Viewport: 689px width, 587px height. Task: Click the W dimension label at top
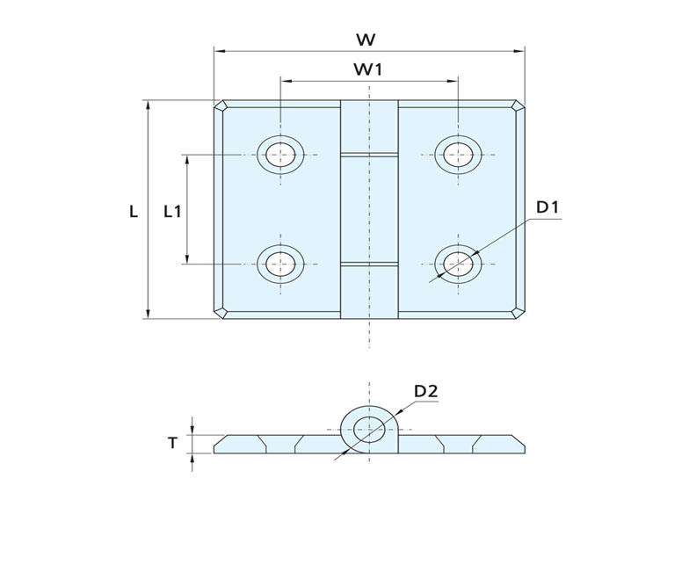[367, 39]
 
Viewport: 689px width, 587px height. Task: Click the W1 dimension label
[367, 69]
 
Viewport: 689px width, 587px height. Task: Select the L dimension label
[134, 211]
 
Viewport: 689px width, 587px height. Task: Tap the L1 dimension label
[173, 211]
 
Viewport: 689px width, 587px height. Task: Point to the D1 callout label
[548, 207]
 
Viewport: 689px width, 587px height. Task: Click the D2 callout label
[426, 391]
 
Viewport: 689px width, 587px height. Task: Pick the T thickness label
[174, 443]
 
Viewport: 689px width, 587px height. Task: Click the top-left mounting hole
[280, 154]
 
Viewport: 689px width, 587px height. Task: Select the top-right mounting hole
[457, 154]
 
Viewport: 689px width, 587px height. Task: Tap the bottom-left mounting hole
[280, 263]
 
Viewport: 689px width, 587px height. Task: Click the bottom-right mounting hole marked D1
[457, 263]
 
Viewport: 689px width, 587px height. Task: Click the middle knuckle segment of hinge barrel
[369, 208]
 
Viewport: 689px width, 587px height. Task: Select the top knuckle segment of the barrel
[369, 127]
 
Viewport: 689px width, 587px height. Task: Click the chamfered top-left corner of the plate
[221, 106]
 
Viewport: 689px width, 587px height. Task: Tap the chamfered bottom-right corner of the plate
[518, 313]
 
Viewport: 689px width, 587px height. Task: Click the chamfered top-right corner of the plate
[518, 106]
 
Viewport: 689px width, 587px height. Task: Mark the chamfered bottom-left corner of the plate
[221, 313]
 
